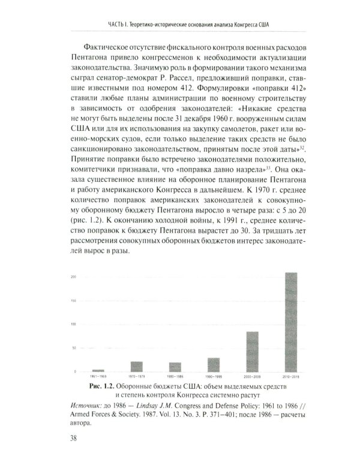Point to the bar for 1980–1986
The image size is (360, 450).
click(x=158, y=367)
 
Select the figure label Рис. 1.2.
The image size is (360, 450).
click(x=100, y=385)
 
